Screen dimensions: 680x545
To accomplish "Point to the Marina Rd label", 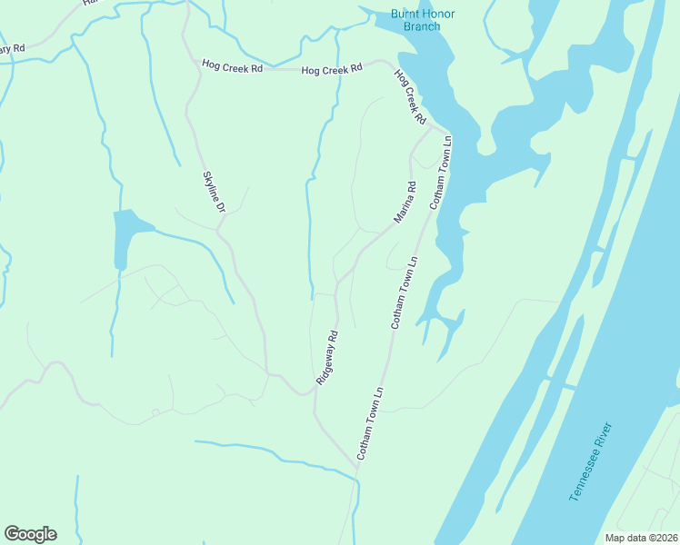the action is pyautogui.click(x=405, y=203).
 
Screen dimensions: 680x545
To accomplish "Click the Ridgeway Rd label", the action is pyautogui.click(x=327, y=357).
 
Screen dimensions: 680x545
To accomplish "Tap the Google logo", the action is pyautogui.click(x=30, y=534).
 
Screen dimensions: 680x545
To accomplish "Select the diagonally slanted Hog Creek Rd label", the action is pyautogui.click(x=410, y=96).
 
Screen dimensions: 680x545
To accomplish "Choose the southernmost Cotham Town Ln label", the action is pyautogui.click(x=371, y=422).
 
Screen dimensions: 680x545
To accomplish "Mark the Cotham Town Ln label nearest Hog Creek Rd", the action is pyautogui.click(x=440, y=173).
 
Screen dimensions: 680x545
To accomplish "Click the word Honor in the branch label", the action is pyautogui.click(x=436, y=14).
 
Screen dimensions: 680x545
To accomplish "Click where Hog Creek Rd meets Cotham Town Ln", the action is pyautogui.click(x=445, y=133).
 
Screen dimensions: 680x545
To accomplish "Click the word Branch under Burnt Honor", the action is pyautogui.click(x=421, y=26).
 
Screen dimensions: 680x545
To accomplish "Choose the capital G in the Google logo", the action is pyautogui.click(x=13, y=534).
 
